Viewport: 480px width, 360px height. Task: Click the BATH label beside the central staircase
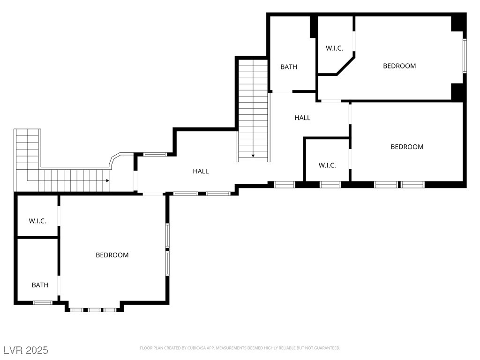click(289, 67)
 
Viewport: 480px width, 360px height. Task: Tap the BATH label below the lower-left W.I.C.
click(40, 285)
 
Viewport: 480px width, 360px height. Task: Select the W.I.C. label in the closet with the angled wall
click(334, 48)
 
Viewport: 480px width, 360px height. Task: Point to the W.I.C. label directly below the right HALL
click(327, 165)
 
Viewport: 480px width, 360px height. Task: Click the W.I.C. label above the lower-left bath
click(37, 221)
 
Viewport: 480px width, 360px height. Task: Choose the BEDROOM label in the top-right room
click(399, 66)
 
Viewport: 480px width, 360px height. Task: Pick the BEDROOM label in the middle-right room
click(407, 147)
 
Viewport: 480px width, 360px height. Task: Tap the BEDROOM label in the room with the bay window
click(112, 255)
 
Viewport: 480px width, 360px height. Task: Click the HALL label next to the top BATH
click(302, 118)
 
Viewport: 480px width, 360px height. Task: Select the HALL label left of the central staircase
click(201, 171)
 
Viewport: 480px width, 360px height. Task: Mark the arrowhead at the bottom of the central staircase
click(253, 156)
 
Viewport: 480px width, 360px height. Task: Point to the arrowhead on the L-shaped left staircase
click(107, 180)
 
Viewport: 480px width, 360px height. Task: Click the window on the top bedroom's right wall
click(465, 56)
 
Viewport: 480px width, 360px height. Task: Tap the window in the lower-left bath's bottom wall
click(43, 303)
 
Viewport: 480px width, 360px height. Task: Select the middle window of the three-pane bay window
click(94, 310)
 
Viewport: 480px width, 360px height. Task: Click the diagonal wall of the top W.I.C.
click(346, 65)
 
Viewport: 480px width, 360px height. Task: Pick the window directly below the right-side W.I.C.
click(330, 185)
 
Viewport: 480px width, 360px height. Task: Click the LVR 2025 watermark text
click(26, 350)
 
